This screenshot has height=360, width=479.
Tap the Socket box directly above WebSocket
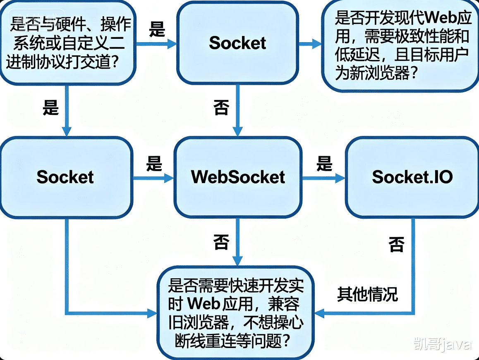[x=237, y=43]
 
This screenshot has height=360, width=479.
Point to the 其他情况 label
[x=367, y=294]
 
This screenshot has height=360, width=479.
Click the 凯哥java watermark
[x=442, y=344]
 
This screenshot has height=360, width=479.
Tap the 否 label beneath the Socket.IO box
[x=396, y=244]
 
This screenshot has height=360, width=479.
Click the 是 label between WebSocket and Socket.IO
[x=324, y=164]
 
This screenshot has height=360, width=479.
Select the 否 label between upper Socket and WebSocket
[x=221, y=108]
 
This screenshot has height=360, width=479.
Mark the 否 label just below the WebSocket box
[x=221, y=242]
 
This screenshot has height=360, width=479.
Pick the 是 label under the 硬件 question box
[x=50, y=108]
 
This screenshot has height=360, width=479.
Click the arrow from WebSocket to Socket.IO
[x=323, y=179]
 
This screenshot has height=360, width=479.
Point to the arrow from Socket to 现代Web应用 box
[x=310, y=43]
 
